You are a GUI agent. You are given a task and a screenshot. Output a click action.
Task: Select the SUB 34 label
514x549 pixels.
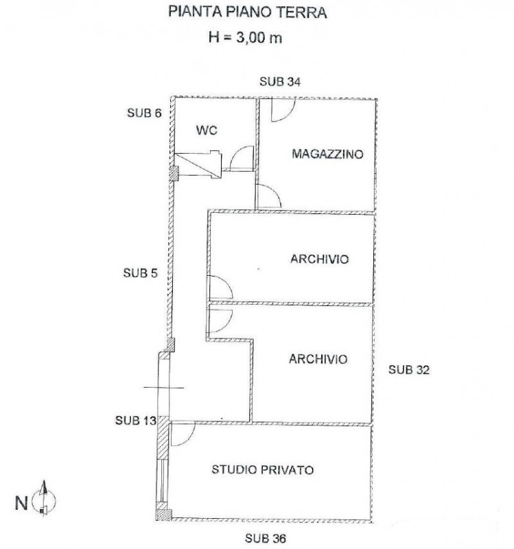(279, 82)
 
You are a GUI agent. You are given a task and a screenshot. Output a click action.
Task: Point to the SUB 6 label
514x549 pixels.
(144, 113)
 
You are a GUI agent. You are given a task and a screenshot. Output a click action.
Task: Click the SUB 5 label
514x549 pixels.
(140, 272)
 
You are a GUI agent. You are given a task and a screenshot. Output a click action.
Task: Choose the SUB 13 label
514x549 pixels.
(135, 420)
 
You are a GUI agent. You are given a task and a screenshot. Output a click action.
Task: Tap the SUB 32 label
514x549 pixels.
(408, 369)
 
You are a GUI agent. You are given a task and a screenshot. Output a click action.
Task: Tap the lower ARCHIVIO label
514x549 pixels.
(318, 359)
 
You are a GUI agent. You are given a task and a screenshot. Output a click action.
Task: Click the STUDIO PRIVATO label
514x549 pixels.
(263, 470)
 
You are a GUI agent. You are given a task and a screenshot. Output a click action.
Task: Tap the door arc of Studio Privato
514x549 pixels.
(182, 434)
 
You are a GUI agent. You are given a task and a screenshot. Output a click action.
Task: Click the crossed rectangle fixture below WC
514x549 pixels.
(199, 165)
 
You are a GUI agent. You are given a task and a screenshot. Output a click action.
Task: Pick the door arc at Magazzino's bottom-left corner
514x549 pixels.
(269, 197)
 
